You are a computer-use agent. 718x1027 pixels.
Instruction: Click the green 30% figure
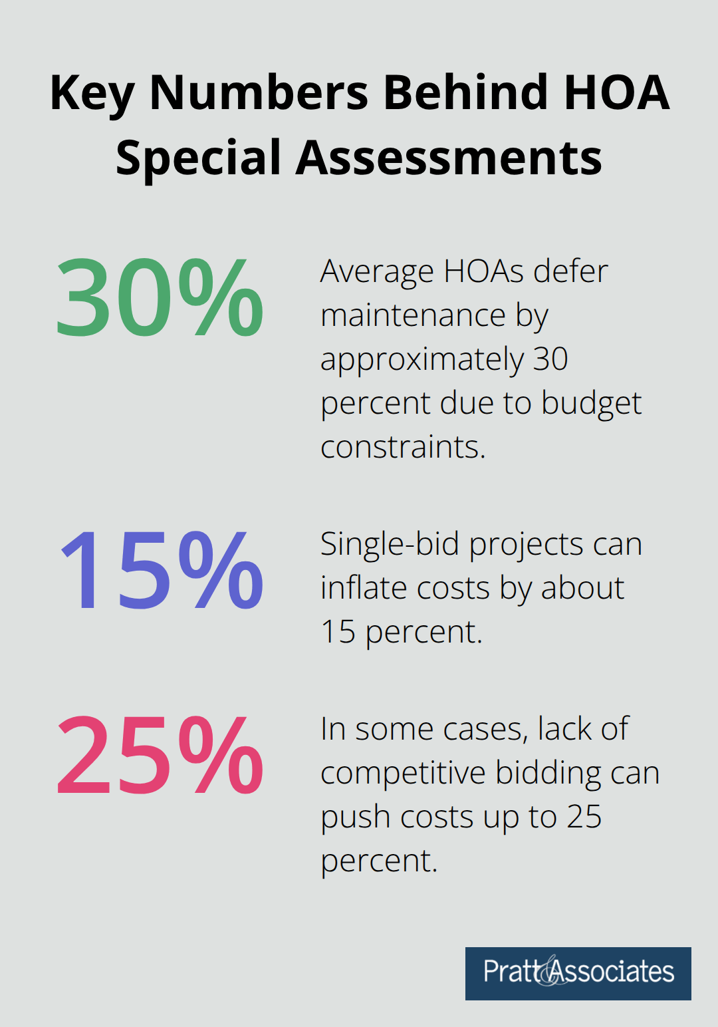pyautogui.click(x=160, y=298)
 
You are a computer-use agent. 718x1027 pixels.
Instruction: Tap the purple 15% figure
pyautogui.click(x=162, y=571)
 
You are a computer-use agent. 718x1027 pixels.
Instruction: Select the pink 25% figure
pyautogui.click(x=160, y=756)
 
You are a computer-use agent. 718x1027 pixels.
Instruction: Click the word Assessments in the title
pyautogui.click(x=449, y=158)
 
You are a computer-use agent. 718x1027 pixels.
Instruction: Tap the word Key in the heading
pyautogui.click(x=92, y=93)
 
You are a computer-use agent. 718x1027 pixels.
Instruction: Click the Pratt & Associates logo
pyautogui.click(x=578, y=973)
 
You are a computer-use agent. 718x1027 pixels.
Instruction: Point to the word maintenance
pyautogui.click(x=413, y=315)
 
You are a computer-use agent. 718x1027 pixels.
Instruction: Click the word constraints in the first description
pyautogui.click(x=402, y=447)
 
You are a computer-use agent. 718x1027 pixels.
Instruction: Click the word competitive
pyautogui.click(x=403, y=773)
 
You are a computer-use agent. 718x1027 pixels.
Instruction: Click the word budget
pyautogui.click(x=591, y=403)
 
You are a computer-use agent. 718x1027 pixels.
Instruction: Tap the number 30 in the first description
pyautogui.click(x=550, y=359)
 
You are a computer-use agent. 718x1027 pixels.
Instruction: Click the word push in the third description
pyautogui.click(x=345, y=817)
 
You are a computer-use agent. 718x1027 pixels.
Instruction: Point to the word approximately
pyautogui.click(x=422, y=360)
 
